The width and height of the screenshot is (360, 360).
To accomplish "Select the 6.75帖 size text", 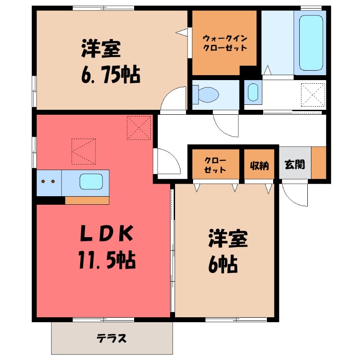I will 110,74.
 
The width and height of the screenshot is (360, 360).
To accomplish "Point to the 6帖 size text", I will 223,265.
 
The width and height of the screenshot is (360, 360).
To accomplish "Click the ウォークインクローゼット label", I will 225,43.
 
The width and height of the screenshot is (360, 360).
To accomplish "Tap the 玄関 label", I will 295,164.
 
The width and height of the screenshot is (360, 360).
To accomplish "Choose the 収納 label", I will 259,164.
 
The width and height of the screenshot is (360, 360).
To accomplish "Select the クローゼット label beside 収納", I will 215,164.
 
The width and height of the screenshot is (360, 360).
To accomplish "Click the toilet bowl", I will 208,94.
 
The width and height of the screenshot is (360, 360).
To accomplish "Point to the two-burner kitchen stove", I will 48,182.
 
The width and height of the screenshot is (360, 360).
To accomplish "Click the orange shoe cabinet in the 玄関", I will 318,163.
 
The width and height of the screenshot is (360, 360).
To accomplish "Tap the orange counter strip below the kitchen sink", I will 87,200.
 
